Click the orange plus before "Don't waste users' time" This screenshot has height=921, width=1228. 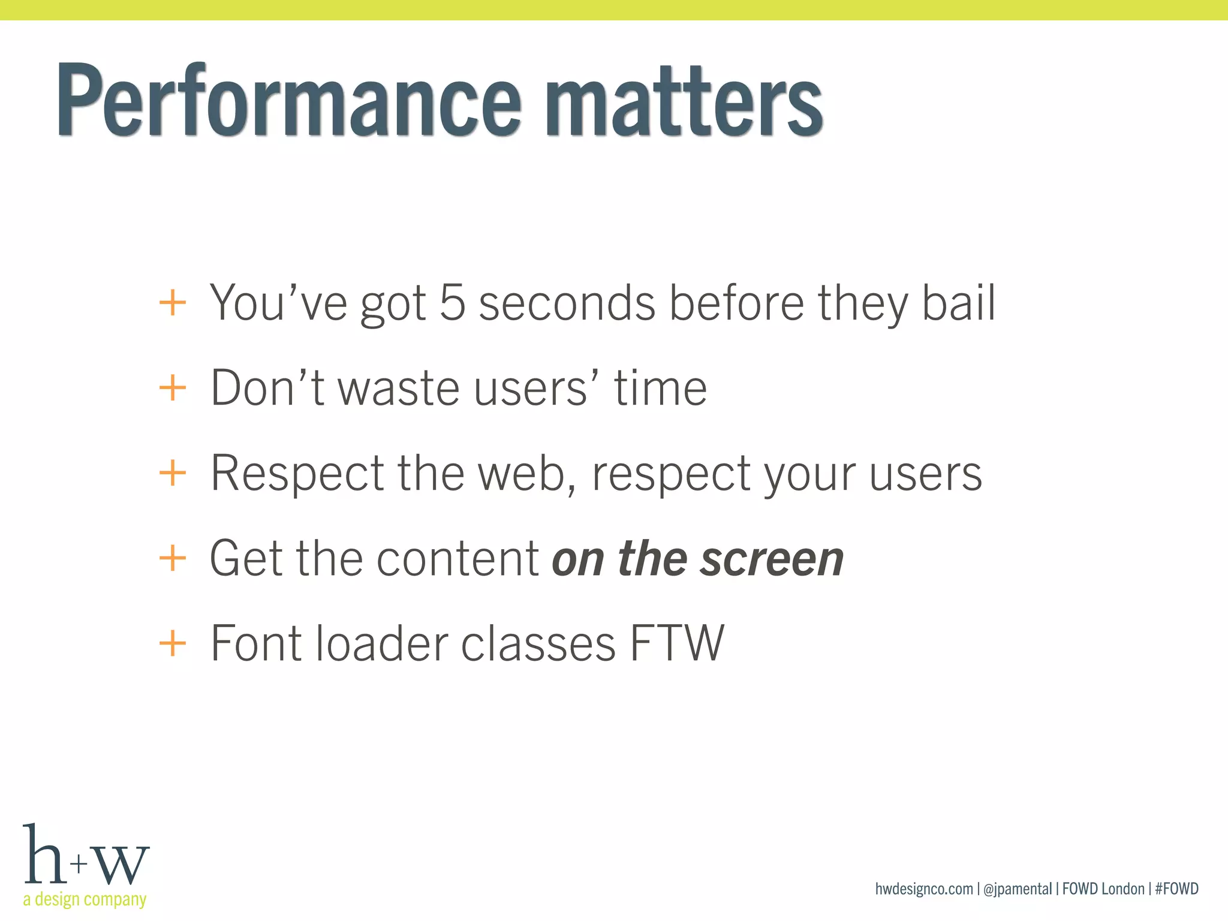(x=173, y=388)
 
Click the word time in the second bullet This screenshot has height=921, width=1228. (x=660, y=388)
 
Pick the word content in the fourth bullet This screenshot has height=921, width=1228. (x=458, y=559)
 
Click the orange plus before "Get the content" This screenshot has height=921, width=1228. (x=173, y=559)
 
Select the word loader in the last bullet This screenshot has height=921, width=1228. (x=381, y=643)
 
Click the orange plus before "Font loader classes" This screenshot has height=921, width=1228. (x=173, y=644)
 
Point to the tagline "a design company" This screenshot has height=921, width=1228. (x=85, y=899)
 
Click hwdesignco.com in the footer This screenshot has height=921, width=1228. (x=923, y=889)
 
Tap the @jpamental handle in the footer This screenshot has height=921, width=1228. (x=1018, y=889)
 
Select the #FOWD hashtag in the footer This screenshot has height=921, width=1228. (x=1176, y=889)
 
